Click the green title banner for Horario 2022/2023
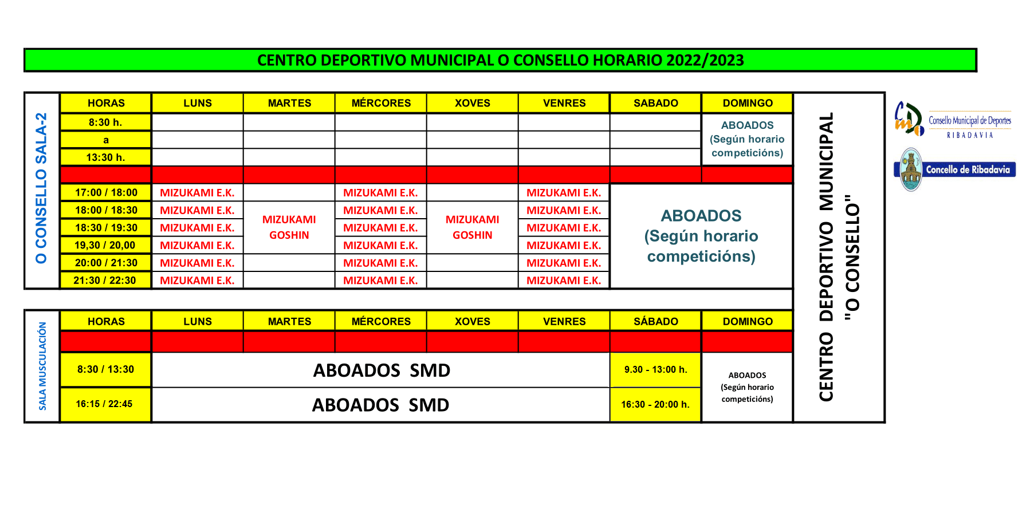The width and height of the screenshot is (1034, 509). pyautogui.click(x=500, y=60)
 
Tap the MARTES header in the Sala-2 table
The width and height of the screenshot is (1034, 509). pyautogui.click(x=289, y=103)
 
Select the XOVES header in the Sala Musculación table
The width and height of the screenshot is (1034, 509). pyautogui.click(x=472, y=321)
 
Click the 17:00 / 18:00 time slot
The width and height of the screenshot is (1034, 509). pyautogui.click(x=106, y=192)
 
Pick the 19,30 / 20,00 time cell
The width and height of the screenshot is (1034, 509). pyautogui.click(x=106, y=245)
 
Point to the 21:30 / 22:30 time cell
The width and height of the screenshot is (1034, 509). pyautogui.click(x=106, y=280)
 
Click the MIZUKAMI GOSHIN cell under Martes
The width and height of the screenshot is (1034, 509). pyautogui.click(x=289, y=227)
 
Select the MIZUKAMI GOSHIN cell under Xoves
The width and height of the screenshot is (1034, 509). pyautogui.click(x=472, y=227)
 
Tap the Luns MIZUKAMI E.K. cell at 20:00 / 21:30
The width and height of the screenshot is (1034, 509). pyautogui.click(x=197, y=263)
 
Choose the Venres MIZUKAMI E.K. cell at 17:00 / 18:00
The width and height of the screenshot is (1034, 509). pyautogui.click(x=564, y=193)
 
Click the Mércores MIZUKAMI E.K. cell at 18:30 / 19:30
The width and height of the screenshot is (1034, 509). pyautogui.click(x=380, y=228)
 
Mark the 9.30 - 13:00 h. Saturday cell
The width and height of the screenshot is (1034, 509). pyautogui.click(x=655, y=369)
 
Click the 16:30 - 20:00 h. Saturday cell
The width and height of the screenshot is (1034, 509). pyautogui.click(x=655, y=404)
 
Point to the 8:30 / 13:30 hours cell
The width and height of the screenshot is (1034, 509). pyautogui.click(x=106, y=369)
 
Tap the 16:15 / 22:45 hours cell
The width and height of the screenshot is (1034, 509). pyautogui.click(x=104, y=404)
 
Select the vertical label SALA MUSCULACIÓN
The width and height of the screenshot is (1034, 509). pyautogui.click(x=42, y=366)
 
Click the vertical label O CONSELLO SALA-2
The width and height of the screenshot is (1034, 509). pyautogui.click(x=41, y=189)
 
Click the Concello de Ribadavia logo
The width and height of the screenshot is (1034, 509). pyautogui.click(x=954, y=169)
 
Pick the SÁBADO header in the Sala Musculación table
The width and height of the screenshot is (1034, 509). pyautogui.click(x=655, y=321)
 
